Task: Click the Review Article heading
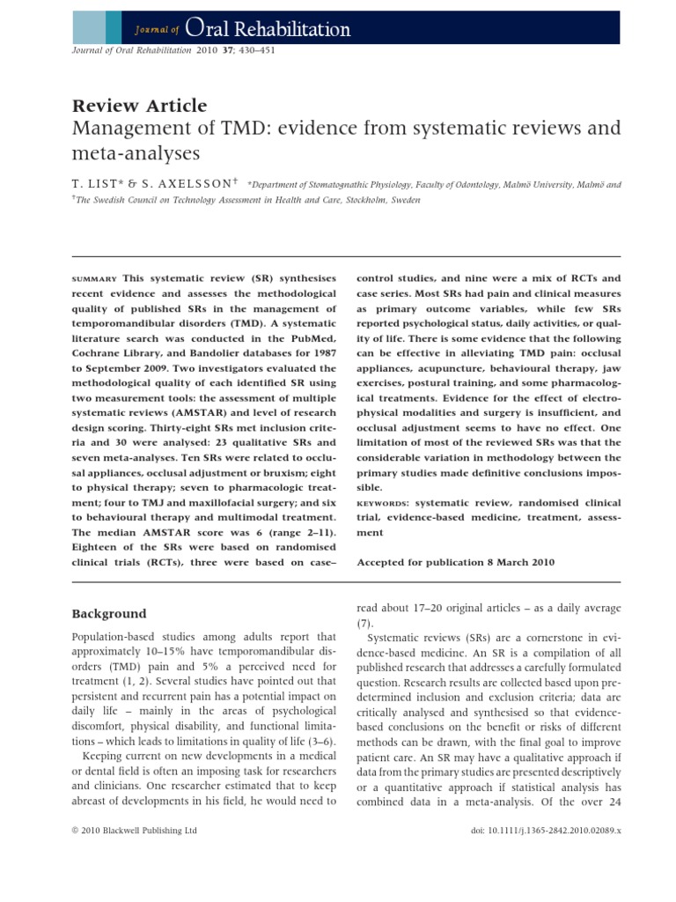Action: click(140, 106)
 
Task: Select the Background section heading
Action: click(109, 613)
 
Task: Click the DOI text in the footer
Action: click(541, 855)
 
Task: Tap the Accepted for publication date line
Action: click(455, 561)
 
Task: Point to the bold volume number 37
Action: click(228, 50)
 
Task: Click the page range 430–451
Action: click(256, 50)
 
